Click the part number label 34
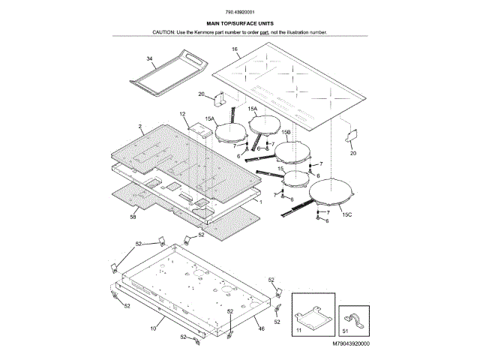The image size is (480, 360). [149, 58]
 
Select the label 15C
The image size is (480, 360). [346, 215]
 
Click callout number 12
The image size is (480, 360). [182, 114]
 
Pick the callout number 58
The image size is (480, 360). [133, 216]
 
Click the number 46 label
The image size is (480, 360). [261, 328]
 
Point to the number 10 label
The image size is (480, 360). [153, 328]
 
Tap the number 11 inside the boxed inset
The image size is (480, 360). [298, 329]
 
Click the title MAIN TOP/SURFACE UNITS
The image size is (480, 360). [239, 24]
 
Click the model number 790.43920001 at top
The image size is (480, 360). [239, 13]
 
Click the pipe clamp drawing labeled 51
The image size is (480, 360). [355, 315]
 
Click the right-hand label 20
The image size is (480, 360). [353, 153]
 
